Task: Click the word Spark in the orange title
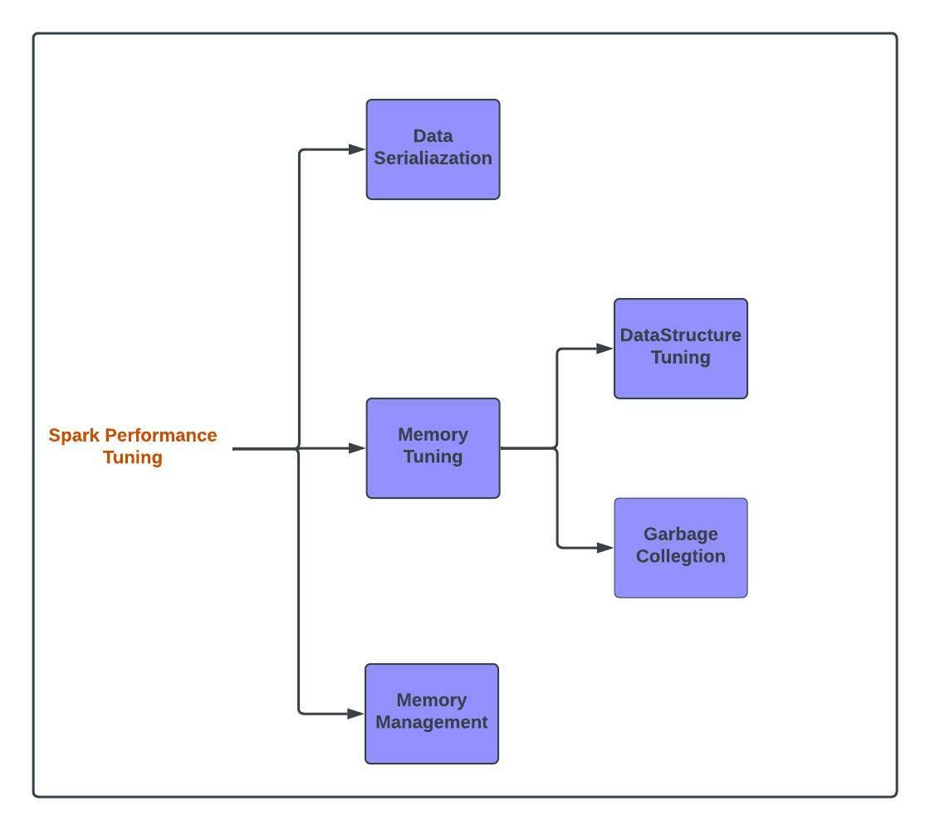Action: coord(75,436)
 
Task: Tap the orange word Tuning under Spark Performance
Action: coord(133,457)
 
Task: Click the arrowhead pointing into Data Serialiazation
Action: coord(357,149)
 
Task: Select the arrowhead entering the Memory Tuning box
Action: coord(357,448)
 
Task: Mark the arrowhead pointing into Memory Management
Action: coord(355,714)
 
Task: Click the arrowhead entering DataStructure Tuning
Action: coord(604,349)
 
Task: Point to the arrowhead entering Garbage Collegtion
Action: coord(604,548)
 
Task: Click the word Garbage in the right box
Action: coord(680,534)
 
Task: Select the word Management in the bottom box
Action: coord(432,722)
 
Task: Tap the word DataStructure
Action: coord(680,335)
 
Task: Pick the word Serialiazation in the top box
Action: coord(433,159)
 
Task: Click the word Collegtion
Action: coord(680,556)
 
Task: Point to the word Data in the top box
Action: coord(433,136)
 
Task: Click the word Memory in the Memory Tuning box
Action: coord(433,435)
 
